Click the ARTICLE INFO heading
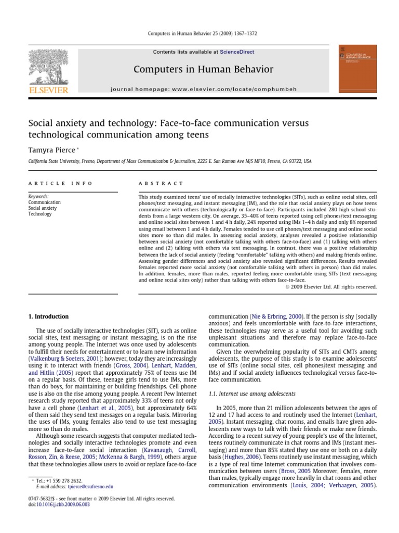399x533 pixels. pos(61,183)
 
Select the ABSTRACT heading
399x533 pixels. pos(161,183)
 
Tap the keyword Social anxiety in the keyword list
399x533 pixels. pos(43,208)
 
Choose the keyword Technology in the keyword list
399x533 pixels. pos(40,214)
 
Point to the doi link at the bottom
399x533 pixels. pos(61,504)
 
